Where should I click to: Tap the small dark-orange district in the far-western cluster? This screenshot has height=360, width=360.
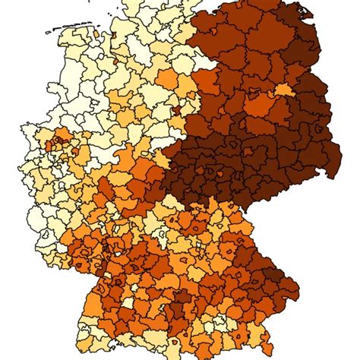[x=52, y=141]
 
